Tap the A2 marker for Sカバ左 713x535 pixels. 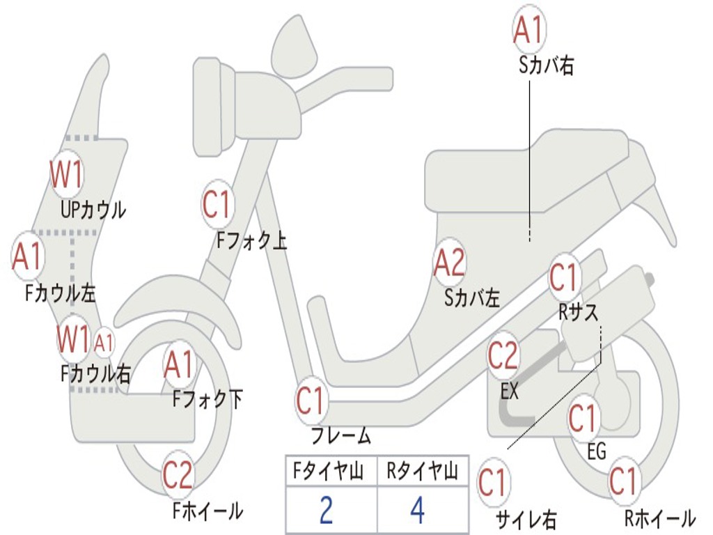449,263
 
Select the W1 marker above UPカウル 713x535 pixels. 67,174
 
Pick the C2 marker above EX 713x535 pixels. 503,356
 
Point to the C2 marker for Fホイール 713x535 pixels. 178,475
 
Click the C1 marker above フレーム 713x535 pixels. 311,401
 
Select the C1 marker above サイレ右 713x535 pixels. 492,483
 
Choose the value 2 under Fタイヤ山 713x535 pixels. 326,510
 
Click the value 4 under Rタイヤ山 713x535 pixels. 417,510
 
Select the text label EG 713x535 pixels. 597,451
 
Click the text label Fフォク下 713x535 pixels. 207,400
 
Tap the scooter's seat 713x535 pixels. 529,174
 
